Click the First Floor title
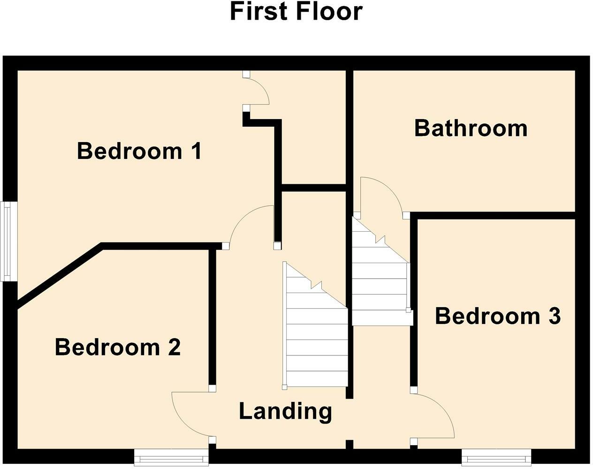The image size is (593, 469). pyautogui.click(x=296, y=12)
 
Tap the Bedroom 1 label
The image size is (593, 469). pyautogui.click(x=139, y=151)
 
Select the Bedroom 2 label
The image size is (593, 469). pyautogui.click(x=118, y=348)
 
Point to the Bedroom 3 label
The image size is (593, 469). pyautogui.click(x=498, y=316)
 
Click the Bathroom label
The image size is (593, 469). pyautogui.click(x=471, y=128)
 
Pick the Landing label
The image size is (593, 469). pyautogui.click(x=285, y=411)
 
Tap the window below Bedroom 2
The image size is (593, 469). pyautogui.click(x=171, y=456)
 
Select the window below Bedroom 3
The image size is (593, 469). pyautogui.click(x=496, y=456)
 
